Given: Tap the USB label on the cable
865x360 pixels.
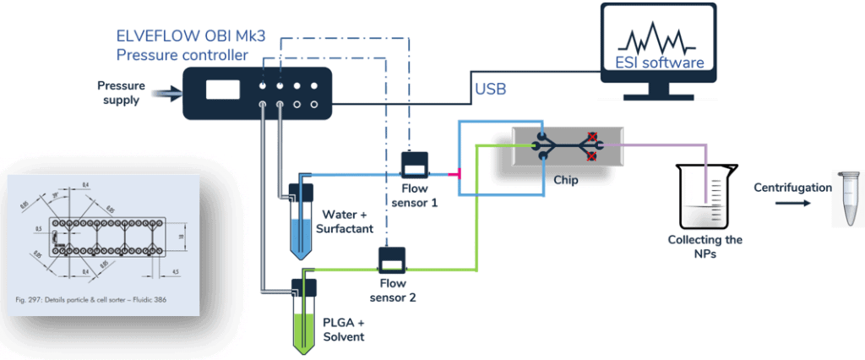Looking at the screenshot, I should click(x=493, y=87).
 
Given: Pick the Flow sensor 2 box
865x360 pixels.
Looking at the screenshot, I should click(x=391, y=255).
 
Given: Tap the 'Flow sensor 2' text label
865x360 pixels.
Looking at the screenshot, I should click(x=398, y=290).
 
